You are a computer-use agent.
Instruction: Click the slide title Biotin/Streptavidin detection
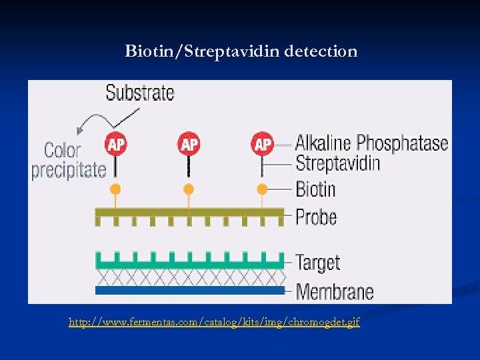241,51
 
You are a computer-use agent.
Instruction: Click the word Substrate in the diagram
140,93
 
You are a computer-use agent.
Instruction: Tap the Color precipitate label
69,160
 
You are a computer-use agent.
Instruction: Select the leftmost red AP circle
116,143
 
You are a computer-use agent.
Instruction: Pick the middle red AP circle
189,143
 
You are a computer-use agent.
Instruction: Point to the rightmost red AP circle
263,143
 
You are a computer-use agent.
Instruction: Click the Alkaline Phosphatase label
371,143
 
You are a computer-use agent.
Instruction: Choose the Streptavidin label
337,163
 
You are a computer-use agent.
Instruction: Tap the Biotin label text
315,189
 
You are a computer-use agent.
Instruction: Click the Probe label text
316,217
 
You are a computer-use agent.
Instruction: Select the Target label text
317,262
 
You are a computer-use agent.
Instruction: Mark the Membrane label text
334,291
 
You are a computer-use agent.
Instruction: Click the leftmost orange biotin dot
115,189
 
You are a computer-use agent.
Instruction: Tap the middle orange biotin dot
189,189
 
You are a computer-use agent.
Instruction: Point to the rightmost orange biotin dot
262,189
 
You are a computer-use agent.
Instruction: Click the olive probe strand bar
189,213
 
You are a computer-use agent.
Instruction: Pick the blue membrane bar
189,291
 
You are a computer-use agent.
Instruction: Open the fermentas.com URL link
214,323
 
